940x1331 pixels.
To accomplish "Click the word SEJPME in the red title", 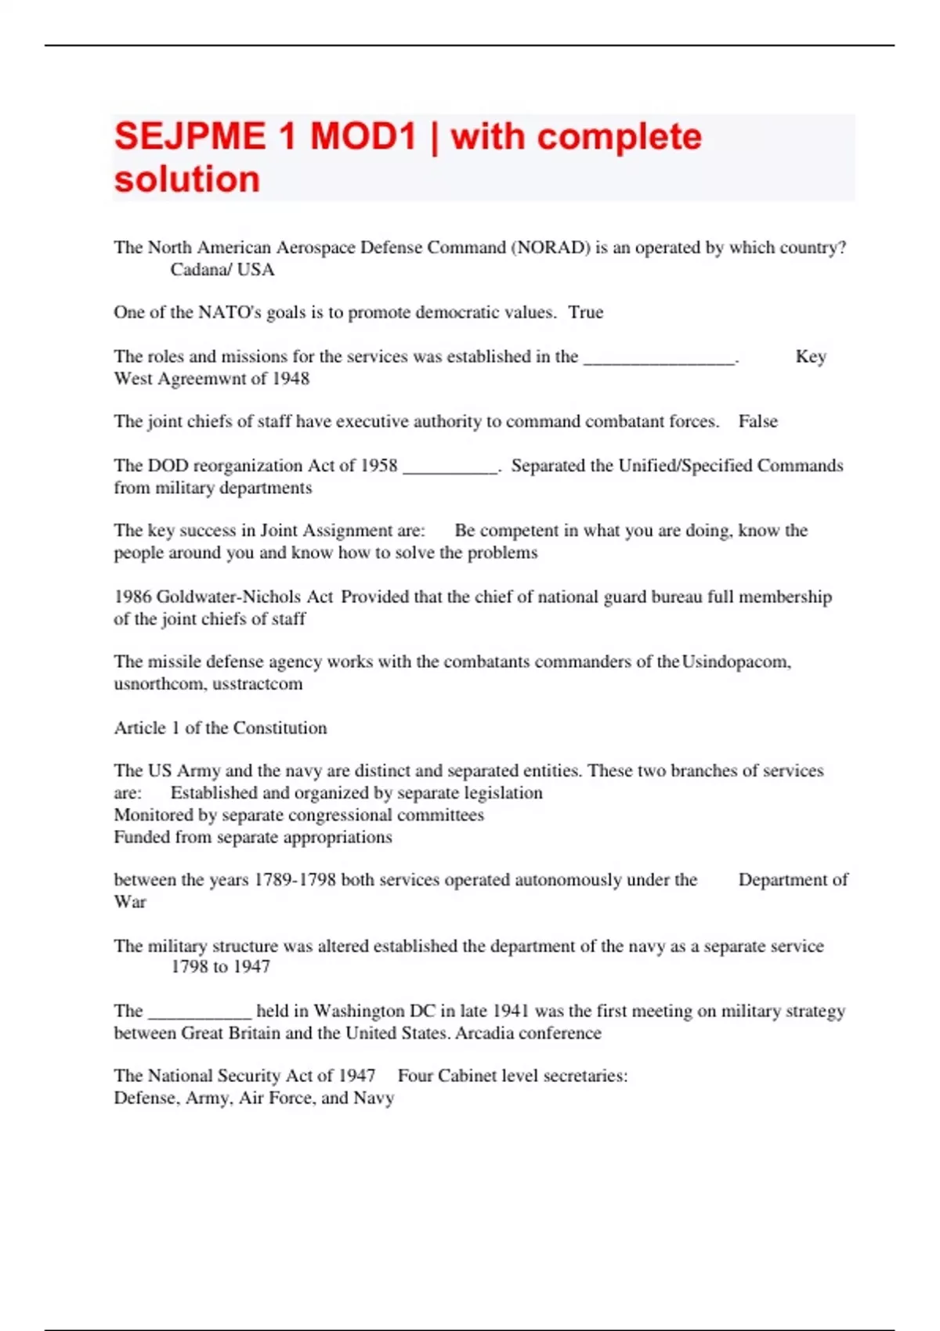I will [x=190, y=137].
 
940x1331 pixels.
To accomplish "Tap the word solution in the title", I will [x=187, y=179].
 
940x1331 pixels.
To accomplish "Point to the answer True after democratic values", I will [x=586, y=312].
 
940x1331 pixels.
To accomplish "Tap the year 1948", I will [x=291, y=379].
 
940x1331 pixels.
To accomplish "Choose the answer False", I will [x=757, y=421].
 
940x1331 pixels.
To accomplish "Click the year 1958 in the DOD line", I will [x=378, y=466].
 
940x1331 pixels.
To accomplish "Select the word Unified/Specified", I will [x=685, y=466].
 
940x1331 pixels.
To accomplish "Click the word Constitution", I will [x=280, y=728].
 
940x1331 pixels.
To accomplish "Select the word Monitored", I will [x=154, y=815].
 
